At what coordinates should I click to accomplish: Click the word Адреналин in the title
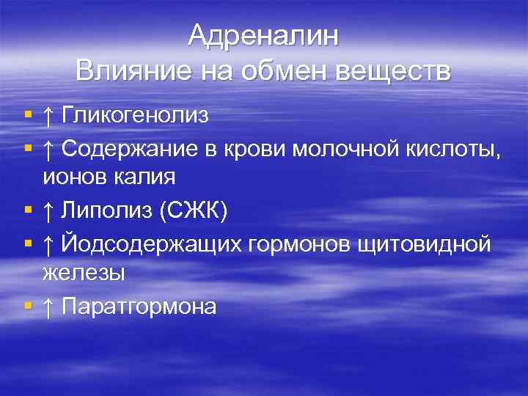pos(263,35)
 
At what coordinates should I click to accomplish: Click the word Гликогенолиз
pos(136,115)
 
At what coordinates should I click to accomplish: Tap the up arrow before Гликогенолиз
pos(48,115)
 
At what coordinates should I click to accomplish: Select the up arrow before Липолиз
pos(48,211)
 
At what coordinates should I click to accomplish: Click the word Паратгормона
pos(139,306)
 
